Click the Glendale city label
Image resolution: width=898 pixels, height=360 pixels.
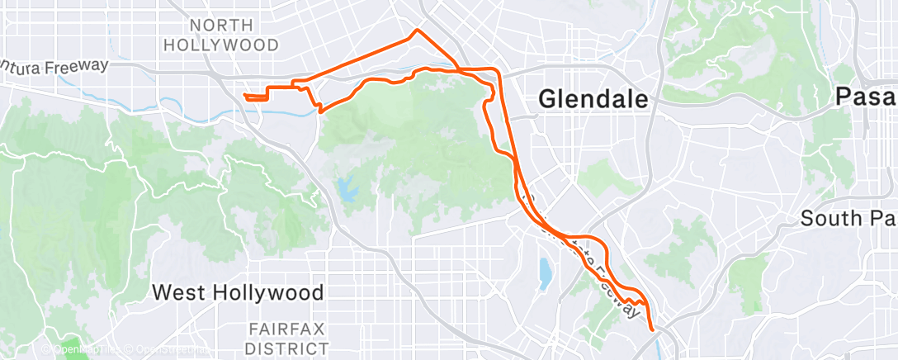pyautogui.click(x=593, y=99)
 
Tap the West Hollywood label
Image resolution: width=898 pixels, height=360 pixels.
pyautogui.click(x=239, y=292)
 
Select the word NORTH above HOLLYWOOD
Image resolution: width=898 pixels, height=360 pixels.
pyautogui.click(x=220, y=25)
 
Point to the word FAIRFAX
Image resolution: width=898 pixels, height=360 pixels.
pyautogui.click(x=287, y=329)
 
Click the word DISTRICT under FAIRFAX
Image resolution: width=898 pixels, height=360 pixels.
pyautogui.click(x=287, y=347)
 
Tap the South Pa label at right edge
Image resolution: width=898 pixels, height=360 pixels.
pyautogui.click(x=849, y=219)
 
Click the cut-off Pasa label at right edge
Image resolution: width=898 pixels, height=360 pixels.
pyautogui.click(x=866, y=97)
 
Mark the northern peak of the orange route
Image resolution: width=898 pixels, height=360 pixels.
pyautogui.click(x=416, y=31)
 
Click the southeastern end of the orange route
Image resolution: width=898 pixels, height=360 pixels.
pyautogui.click(x=653, y=329)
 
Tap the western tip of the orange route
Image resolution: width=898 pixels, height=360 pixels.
pyautogui.click(x=245, y=97)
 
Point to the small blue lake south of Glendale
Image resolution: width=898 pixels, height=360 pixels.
pyautogui.click(x=543, y=273)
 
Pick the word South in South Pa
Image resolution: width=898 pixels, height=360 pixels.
pyautogui.click(x=829, y=219)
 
